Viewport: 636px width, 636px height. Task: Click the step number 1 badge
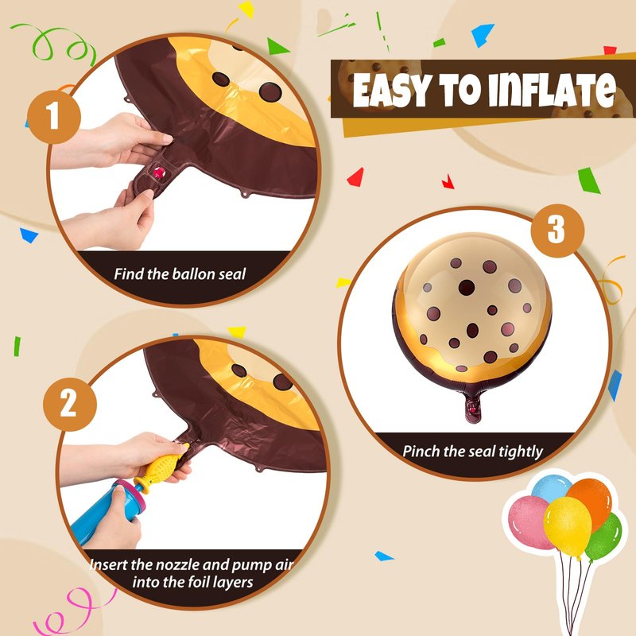(54, 117)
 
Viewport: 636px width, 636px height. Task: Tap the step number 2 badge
(70, 404)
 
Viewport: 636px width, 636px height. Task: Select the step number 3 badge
(557, 231)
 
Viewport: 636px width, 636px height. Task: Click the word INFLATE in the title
(552, 90)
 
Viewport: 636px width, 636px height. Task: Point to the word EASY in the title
(390, 91)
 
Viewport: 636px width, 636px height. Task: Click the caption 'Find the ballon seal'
(180, 273)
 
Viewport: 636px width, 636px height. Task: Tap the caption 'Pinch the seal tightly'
(472, 451)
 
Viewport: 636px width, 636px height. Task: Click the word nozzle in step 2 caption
(177, 564)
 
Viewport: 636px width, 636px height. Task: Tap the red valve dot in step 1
(158, 173)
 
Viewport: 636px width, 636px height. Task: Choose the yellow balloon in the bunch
(568, 526)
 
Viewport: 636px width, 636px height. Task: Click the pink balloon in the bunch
(529, 522)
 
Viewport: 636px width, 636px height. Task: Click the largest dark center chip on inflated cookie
(467, 288)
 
